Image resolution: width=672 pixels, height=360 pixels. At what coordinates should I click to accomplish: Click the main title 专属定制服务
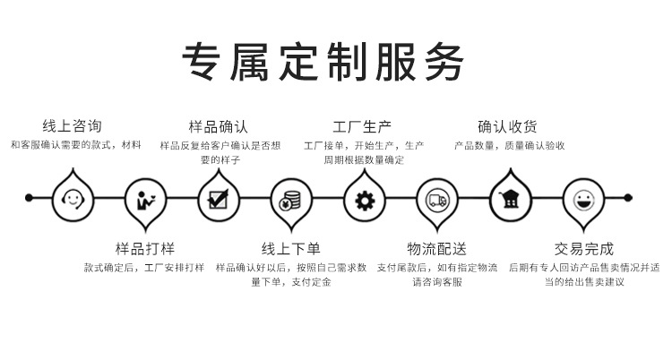point(323,61)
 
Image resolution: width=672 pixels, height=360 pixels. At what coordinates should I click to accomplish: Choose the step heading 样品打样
point(145,249)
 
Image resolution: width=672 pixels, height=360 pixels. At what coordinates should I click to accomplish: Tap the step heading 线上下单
point(291,249)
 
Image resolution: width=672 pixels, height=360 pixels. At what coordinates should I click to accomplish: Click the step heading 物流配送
point(436,249)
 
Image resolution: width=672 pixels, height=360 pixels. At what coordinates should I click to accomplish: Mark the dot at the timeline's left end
point(29,196)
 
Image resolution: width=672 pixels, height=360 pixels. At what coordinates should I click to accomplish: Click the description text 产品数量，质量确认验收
point(509,145)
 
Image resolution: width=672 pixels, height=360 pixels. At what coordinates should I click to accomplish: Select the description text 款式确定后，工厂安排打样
point(144,267)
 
